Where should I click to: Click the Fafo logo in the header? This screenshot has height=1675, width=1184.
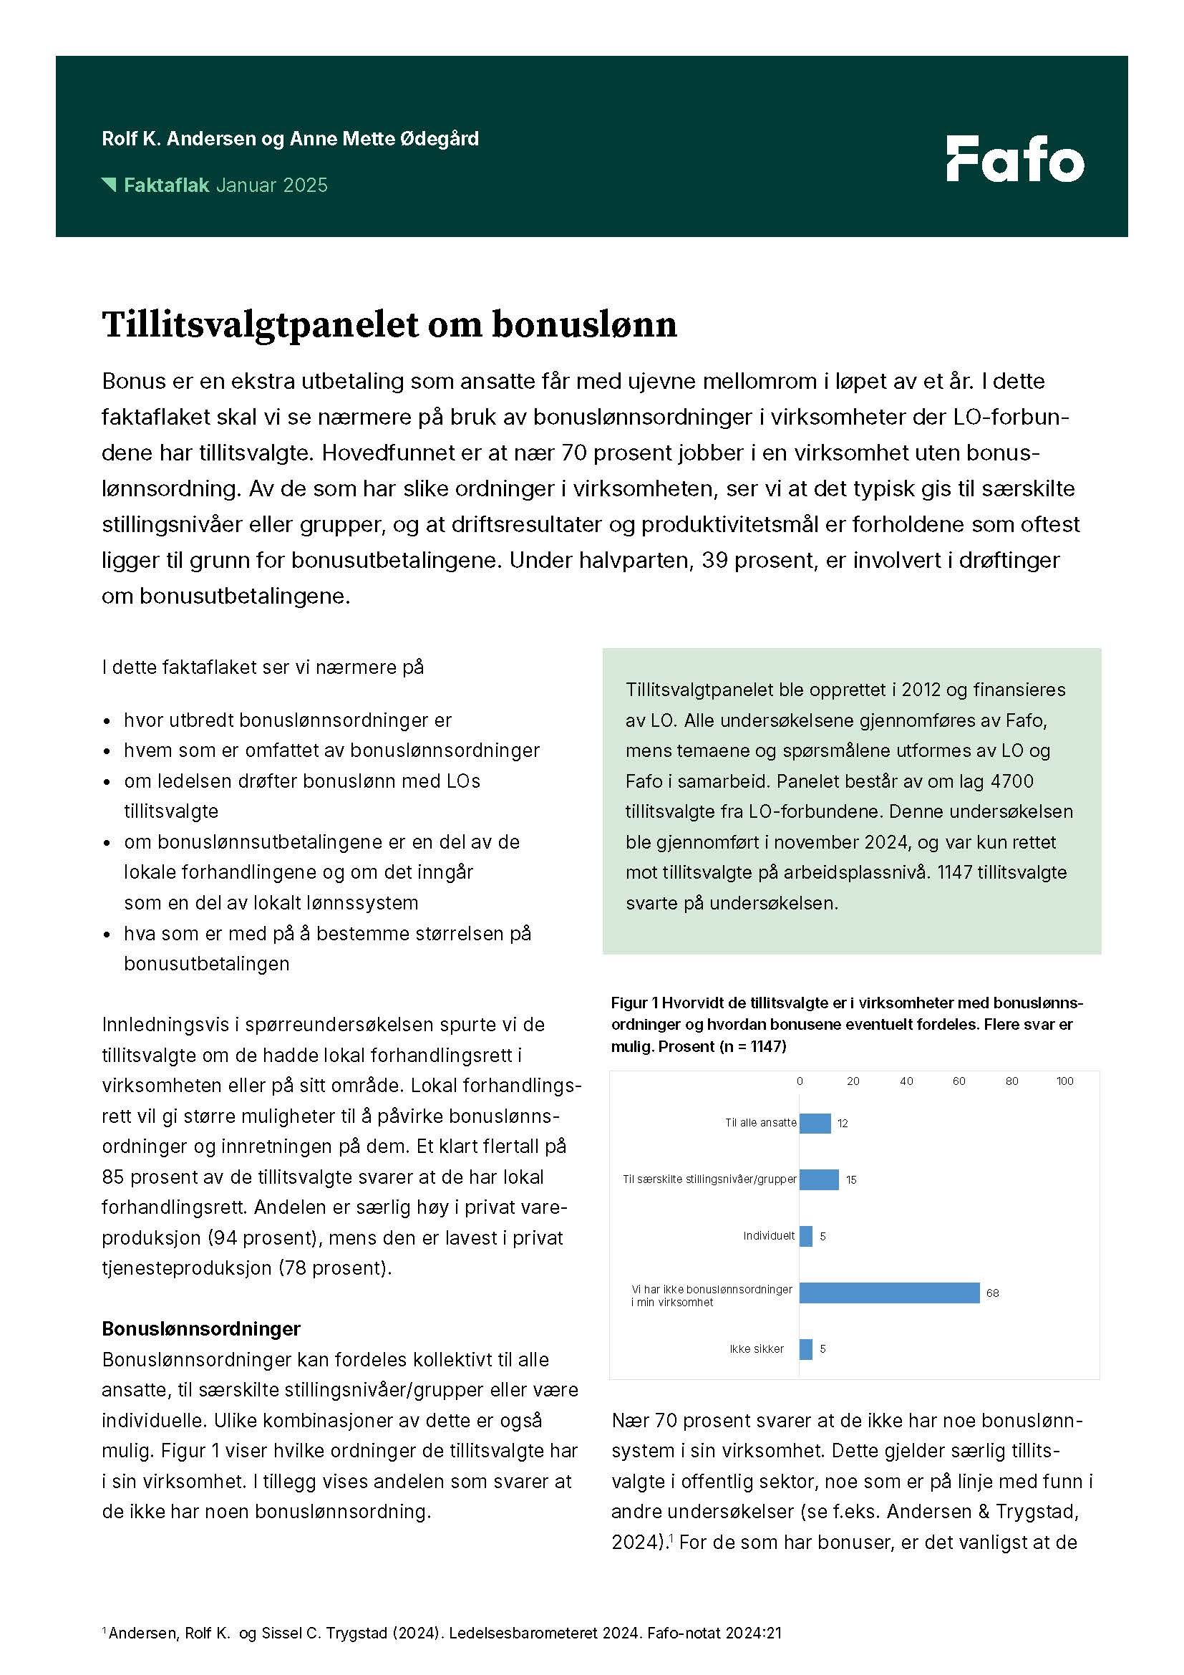(1014, 159)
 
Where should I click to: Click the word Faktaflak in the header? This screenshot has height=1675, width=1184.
(166, 185)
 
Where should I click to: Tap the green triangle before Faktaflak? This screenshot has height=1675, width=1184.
(110, 185)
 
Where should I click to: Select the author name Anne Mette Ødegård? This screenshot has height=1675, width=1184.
(384, 139)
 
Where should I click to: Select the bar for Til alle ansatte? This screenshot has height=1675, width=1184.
(815, 1123)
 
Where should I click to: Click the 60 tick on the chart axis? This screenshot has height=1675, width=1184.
(958, 1081)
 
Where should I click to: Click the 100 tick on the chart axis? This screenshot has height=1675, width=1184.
(1064, 1081)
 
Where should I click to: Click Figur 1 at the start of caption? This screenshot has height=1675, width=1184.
(634, 1003)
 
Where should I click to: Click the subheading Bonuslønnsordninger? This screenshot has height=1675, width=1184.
(201, 1328)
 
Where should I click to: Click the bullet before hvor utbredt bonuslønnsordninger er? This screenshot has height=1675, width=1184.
(108, 722)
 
